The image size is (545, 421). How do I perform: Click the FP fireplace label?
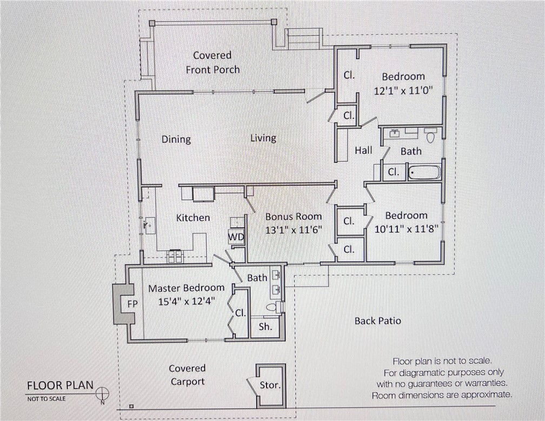pos(132,304)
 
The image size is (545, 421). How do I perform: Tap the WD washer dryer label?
pos(236,237)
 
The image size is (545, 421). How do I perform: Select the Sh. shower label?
pos(265,326)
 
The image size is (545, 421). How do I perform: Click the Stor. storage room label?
pos(270,385)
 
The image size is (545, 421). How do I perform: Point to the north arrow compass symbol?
pos(102,393)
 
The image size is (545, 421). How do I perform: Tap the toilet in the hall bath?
pos(431,136)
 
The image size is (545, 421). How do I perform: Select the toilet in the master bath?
pos(272,308)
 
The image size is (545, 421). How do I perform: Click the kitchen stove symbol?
pos(175,256)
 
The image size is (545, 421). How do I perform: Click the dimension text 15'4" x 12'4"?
pos(184,302)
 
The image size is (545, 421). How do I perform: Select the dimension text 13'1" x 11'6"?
pos(294,229)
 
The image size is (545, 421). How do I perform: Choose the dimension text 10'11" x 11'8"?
pos(406,228)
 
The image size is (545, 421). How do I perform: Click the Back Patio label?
pos(377,320)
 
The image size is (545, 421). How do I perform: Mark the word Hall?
pos(363,150)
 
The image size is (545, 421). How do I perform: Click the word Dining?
pos(176,139)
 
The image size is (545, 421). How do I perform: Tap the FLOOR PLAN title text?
pos(60,385)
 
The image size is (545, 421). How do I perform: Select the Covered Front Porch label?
pos(212,62)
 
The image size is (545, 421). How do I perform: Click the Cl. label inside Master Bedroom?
pos(240,313)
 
